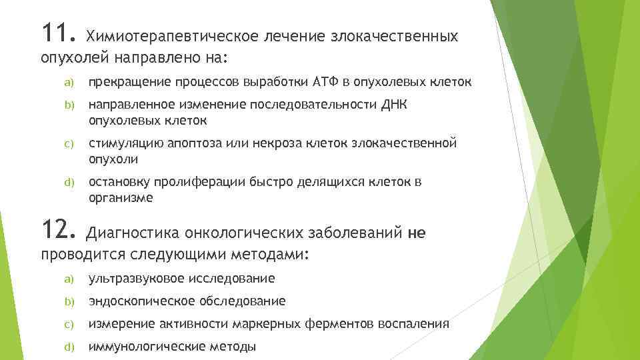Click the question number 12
coord(57,231)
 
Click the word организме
coord(121,198)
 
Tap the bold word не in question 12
coord(415,233)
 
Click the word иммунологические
coord(144,347)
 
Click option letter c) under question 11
coord(67,144)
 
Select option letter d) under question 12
coord(67,347)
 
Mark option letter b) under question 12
coord(67,301)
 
